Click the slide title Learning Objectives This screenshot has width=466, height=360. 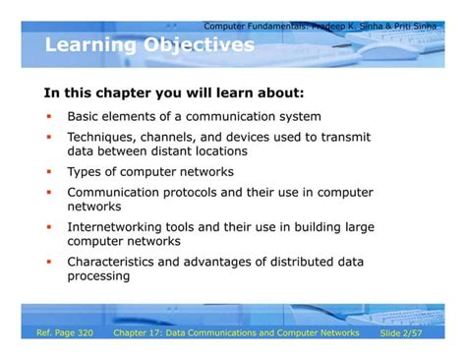(149, 45)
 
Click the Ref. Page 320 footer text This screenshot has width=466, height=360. (65, 333)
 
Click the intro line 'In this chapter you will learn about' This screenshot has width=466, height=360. (174, 93)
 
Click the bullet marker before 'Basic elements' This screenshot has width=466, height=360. (48, 115)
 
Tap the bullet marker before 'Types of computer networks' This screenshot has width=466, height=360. (48, 172)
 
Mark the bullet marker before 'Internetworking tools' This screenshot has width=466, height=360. (48, 227)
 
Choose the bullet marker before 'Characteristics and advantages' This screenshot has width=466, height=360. (48, 262)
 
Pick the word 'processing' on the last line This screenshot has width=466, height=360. (98, 276)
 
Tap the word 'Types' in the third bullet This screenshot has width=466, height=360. (86, 172)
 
